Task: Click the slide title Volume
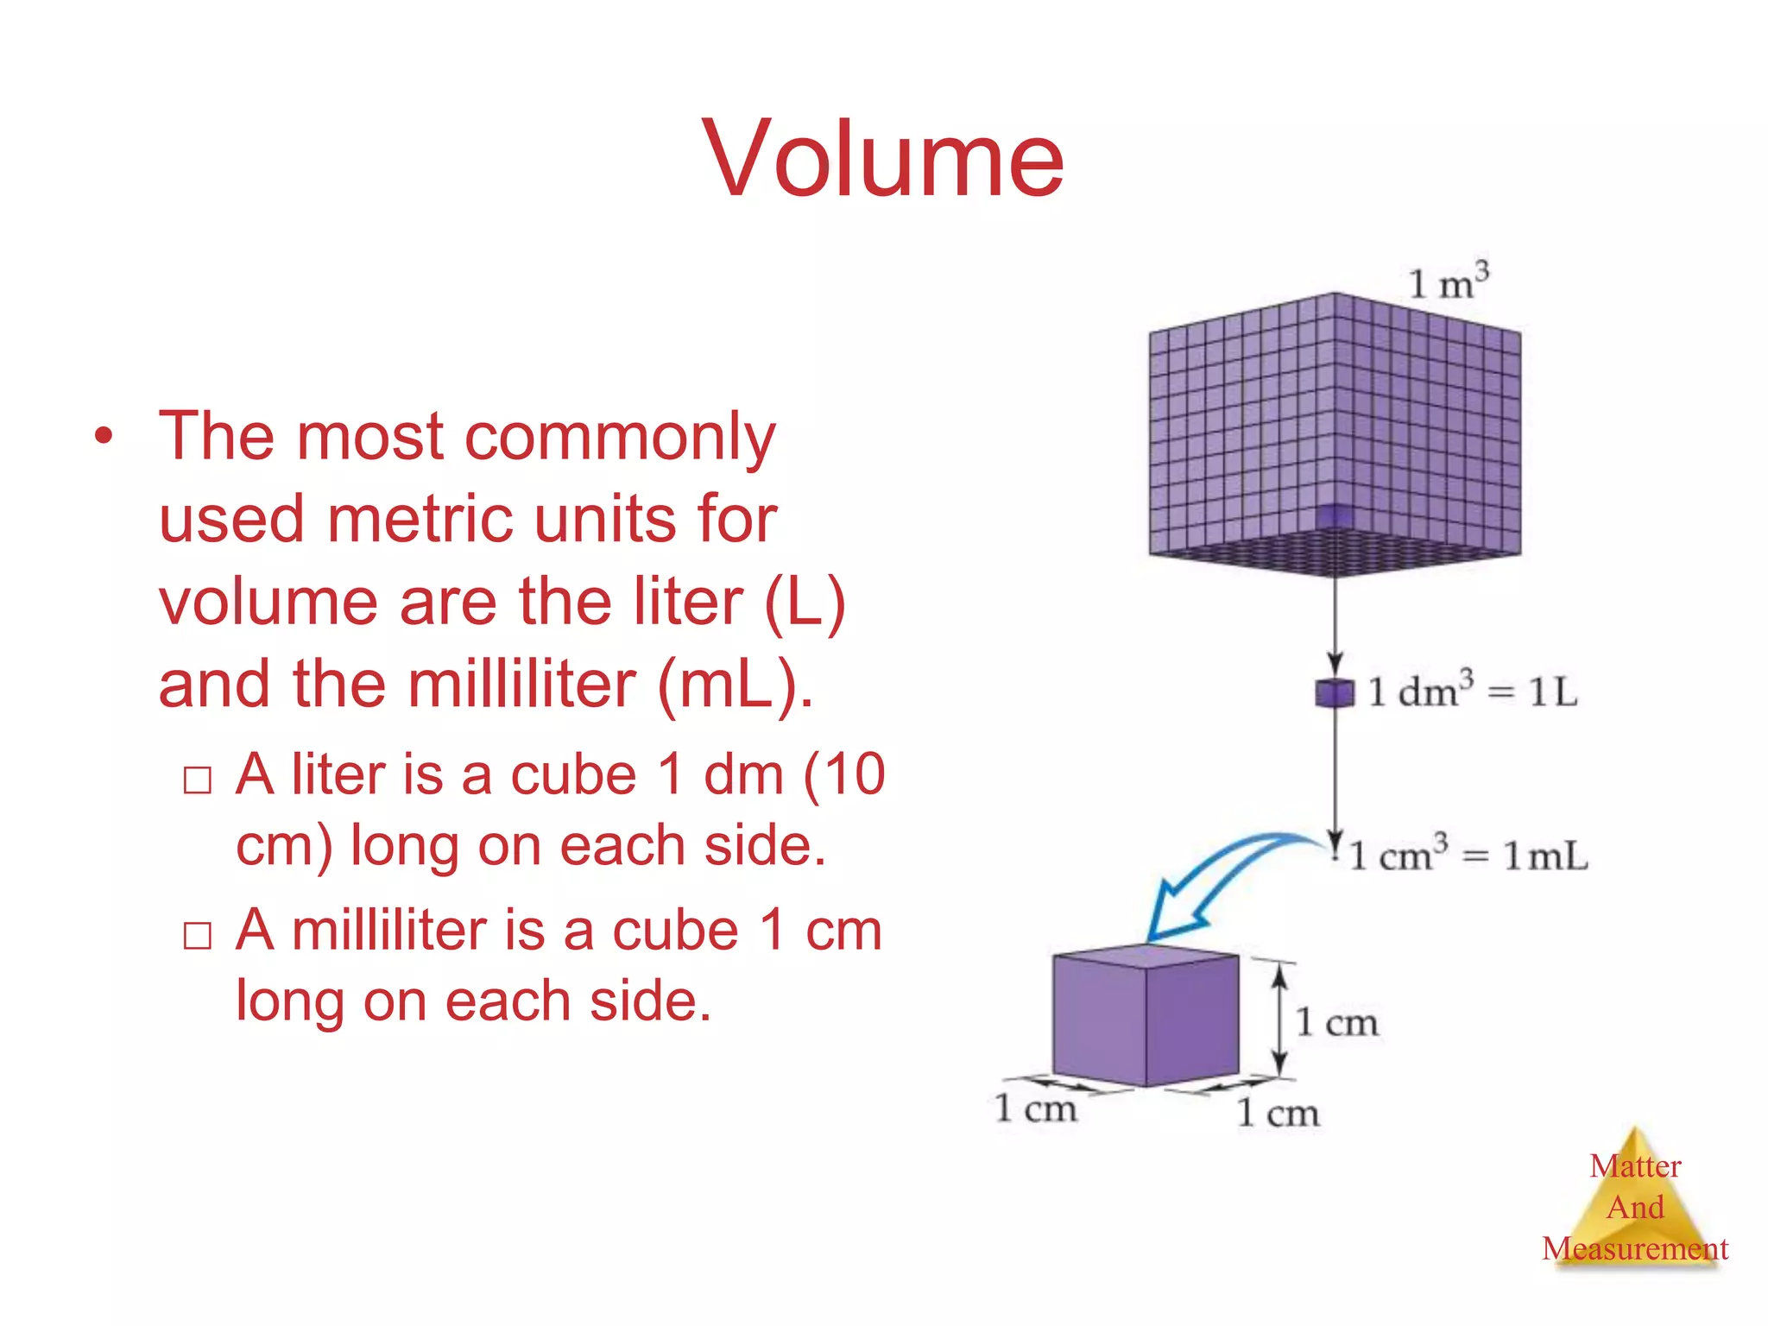tap(883, 160)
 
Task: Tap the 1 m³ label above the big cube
tap(1448, 281)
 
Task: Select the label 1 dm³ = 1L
tap(1473, 691)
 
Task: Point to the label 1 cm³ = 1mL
tap(1468, 855)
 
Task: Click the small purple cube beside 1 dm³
tap(1334, 692)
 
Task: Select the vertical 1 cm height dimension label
tap(1336, 1022)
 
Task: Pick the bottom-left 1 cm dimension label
tap(1035, 1108)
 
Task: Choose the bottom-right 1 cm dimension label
tap(1278, 1113)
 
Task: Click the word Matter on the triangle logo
tap(1635, 1166)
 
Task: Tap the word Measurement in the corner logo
tap(1635, 1248)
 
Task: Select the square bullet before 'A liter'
tap(198, 780)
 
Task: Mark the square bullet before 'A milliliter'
tap(198, 935)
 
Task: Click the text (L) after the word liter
tap(805, 602)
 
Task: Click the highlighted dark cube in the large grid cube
tap(1335, 515)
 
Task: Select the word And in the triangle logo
tap(1635, 1207)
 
